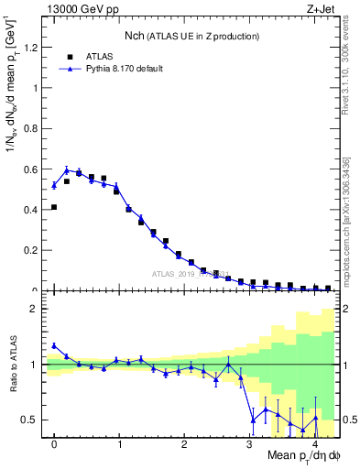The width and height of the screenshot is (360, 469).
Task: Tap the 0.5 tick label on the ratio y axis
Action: pos(30,420)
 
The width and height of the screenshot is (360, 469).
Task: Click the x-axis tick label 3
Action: pos(249,444)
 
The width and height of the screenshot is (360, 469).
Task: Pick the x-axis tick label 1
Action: pos(119,444)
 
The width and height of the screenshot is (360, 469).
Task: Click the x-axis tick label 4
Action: pos(314,444)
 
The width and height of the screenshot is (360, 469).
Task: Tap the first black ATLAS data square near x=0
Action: pos(54,207)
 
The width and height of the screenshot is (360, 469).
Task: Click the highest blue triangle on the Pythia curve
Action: pos(67,170)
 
